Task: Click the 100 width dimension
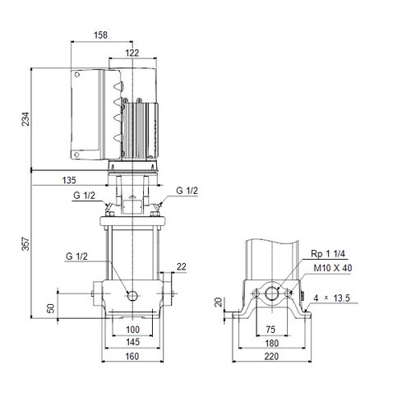pos(132,330)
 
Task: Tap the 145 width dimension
pos(132,342)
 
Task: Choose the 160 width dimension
pos(132,358)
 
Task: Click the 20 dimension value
pos(218,302)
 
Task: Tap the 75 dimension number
pos(270,330)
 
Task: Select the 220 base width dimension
pos(270,358)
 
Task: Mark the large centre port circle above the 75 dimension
pos(270,293)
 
